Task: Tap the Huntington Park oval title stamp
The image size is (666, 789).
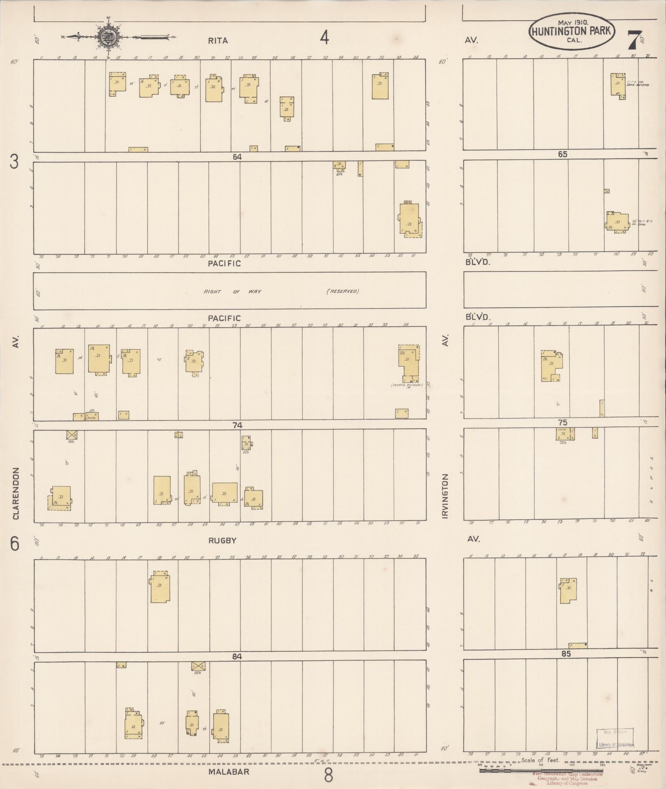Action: click(x=572, y=32)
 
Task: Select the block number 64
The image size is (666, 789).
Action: click(x=237, y=157)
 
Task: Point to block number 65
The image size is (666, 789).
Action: click(x=562, y=154)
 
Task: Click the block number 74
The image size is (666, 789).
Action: click(x=237, y=425)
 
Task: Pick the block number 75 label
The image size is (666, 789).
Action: click(x=562, y=423)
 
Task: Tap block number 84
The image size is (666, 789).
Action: click(x=237, y=657)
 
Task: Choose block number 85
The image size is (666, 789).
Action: click(x=566, y=654)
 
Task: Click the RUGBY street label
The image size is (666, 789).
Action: click(x=222, y=541)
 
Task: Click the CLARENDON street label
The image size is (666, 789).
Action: click(x=16, y=493)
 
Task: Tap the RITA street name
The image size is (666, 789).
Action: click(x=218, y=40)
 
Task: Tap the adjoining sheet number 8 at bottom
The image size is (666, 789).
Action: click(x=328, y=776)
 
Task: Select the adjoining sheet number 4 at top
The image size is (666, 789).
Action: click(x=325, y=38)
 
